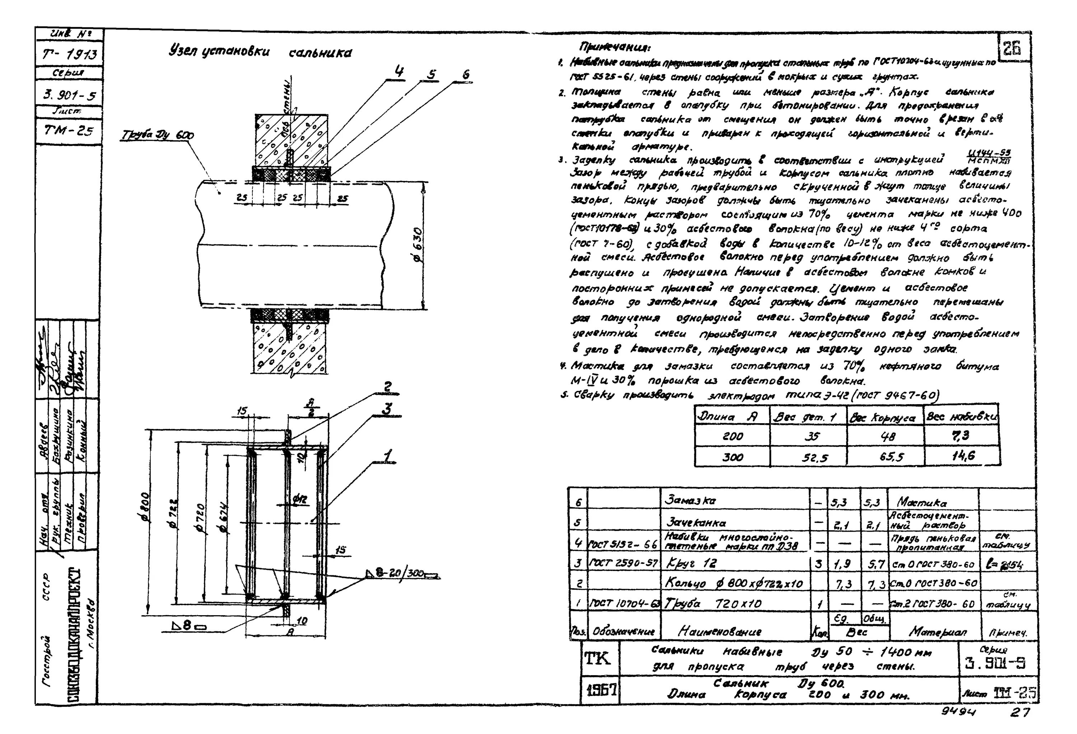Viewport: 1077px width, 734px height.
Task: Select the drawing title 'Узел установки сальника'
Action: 260,52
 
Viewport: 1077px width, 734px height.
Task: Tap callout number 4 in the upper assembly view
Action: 398,72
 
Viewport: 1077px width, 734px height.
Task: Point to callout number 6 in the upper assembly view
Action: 465,74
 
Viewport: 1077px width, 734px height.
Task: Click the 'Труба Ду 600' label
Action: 157,135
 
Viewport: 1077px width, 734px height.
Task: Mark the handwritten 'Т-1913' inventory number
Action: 70,55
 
